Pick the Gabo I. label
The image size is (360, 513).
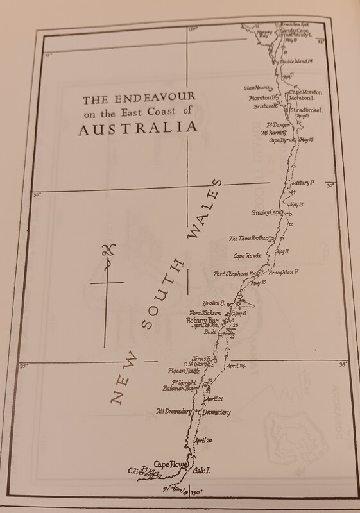tap(203, 470)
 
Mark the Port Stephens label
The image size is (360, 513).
tap(236, 274)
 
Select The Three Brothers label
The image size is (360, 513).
tap(249, 239)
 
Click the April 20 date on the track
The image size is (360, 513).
tap(203, 441)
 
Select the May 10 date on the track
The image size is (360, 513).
tap(259, 282)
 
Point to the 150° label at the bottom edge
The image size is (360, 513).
tap(198, 492)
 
